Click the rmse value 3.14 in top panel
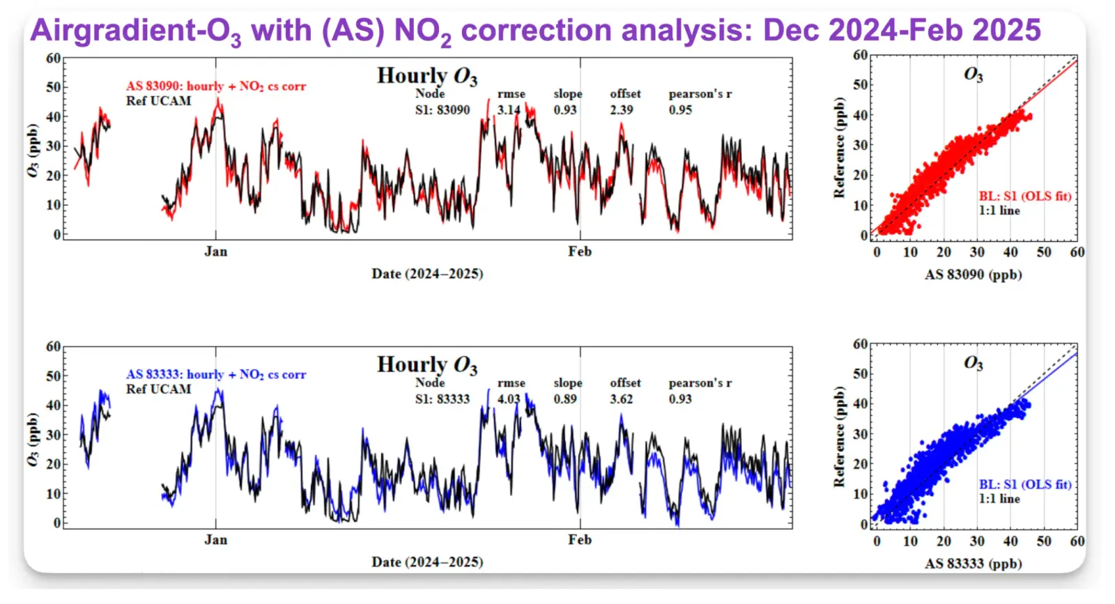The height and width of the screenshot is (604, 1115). (x=508, y=110)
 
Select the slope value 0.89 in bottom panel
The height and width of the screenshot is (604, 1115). (x=565, y=399)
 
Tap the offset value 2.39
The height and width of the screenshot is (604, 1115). (x=622, y=110)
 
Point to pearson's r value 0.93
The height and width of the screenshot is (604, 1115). (x=680, y=399)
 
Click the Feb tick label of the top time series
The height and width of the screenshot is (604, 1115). (x=579, y=251)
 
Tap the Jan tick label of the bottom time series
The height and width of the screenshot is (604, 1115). (x=215, y=540)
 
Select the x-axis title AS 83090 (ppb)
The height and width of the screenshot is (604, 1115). (x=973, y=274)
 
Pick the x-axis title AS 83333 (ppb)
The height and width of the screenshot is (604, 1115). (x=973, y=564)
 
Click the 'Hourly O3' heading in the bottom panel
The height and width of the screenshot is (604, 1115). (x=427, y=365)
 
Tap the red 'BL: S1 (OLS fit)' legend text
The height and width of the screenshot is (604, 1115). (x=1024, y=196)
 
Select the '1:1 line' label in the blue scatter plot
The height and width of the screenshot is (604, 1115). (x=999, y=499)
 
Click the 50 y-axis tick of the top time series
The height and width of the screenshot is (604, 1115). (x=53, y=87)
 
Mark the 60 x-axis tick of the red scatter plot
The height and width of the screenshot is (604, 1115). (x=1077, y=252)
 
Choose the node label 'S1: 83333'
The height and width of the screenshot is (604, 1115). (x=443, y=399)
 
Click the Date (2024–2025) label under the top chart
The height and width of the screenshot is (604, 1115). (x=427, y=274)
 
